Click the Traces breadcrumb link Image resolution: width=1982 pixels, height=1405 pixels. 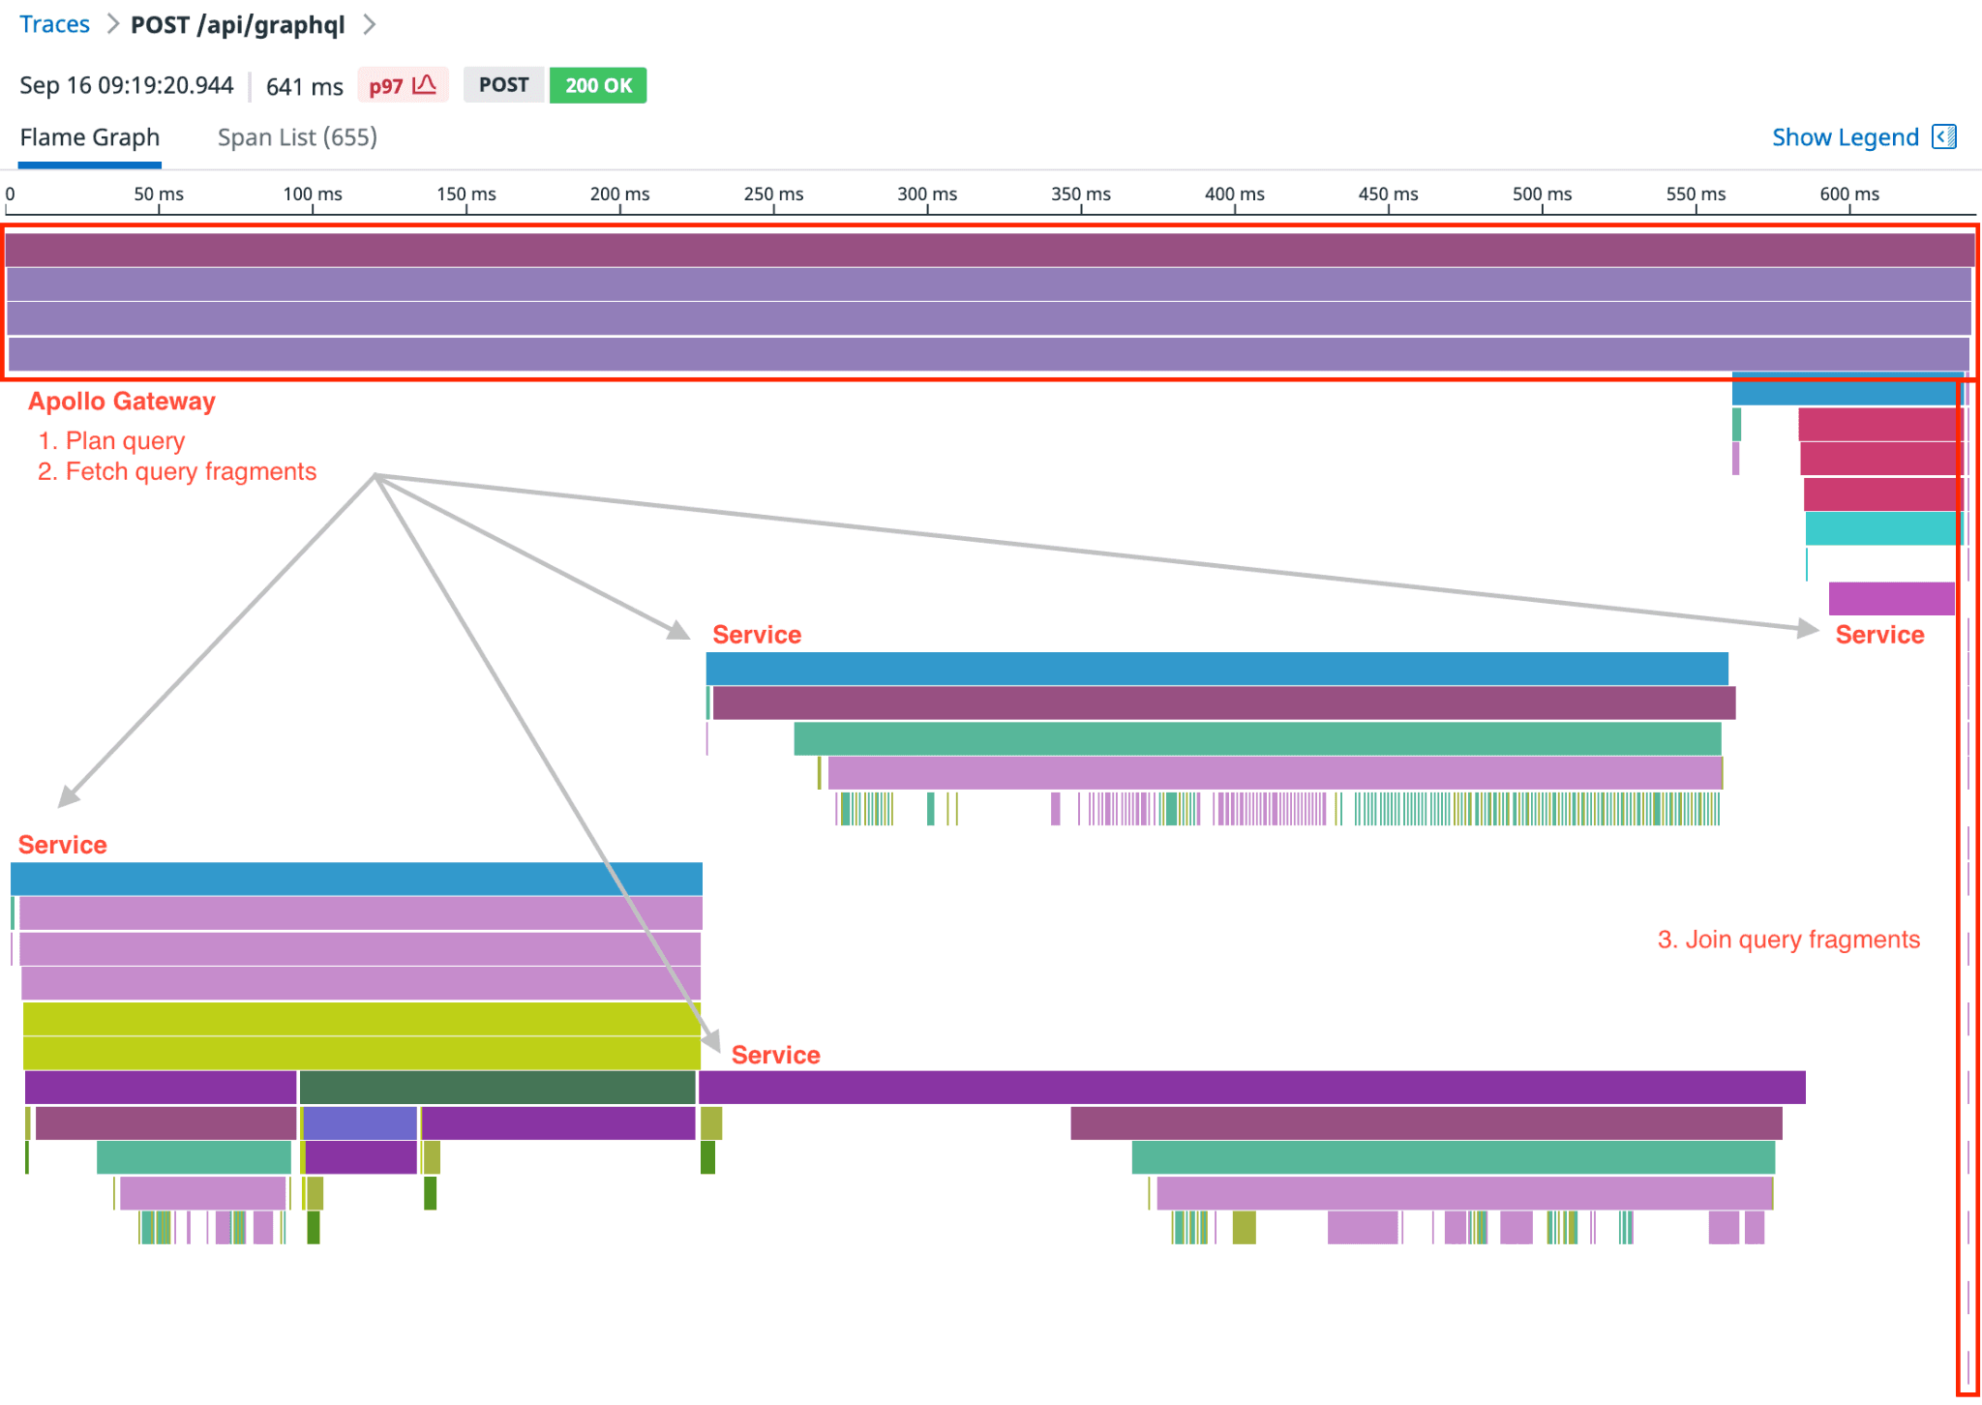54,24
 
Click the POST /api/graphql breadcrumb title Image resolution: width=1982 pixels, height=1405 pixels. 237,24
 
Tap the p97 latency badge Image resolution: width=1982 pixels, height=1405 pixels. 402,85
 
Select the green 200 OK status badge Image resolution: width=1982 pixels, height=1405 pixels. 597,85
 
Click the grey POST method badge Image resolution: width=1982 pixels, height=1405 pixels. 503,85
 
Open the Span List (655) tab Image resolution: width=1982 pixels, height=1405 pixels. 297,137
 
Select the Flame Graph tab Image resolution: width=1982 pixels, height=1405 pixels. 90,137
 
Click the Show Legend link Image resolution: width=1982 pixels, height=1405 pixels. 1845,137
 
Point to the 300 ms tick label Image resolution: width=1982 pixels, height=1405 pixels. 926,194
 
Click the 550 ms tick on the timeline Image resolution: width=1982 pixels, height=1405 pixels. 1696,194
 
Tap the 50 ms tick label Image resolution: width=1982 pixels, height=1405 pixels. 159,194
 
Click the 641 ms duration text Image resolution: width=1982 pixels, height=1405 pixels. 304,87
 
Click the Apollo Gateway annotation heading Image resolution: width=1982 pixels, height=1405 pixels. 122,402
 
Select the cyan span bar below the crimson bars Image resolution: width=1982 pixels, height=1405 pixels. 1881,528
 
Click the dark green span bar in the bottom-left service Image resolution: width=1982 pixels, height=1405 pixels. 496,1088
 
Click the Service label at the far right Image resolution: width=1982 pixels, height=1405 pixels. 1879,635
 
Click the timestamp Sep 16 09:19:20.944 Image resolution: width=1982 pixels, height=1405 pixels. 127,85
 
